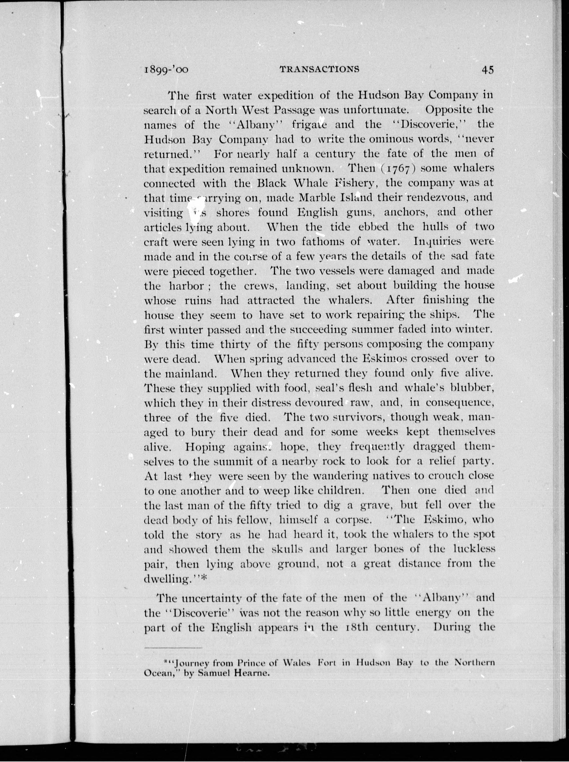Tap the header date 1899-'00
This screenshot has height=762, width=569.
166,70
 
